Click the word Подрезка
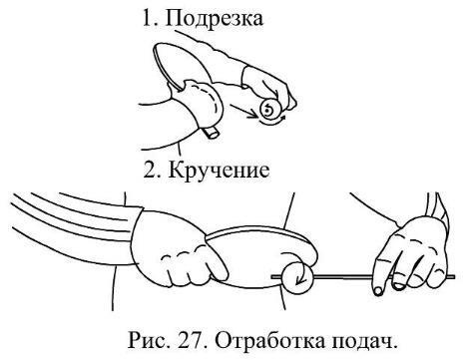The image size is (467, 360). pos(214,19)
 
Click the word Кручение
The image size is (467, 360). pos(220,171)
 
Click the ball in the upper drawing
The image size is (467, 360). pos(270,109)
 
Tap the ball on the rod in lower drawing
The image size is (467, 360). pos(297,277)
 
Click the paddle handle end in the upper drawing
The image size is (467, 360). pos(212,133)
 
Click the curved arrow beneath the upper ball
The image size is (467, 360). pos(272,122)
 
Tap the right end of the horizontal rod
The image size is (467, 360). pos(454,276)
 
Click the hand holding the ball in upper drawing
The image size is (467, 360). pos(269,85)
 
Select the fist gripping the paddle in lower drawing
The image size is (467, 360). pos(178,249)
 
